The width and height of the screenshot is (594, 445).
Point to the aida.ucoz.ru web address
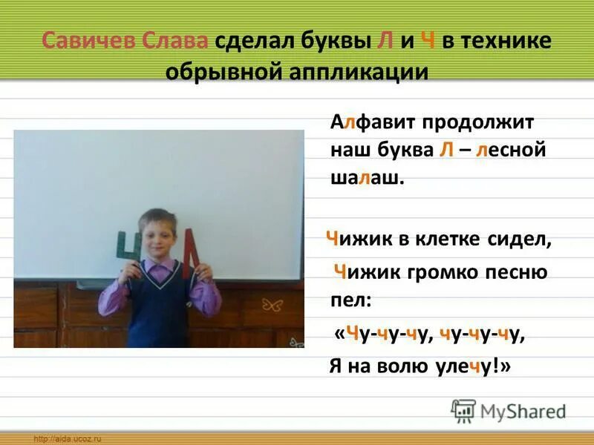coord(67,439)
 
